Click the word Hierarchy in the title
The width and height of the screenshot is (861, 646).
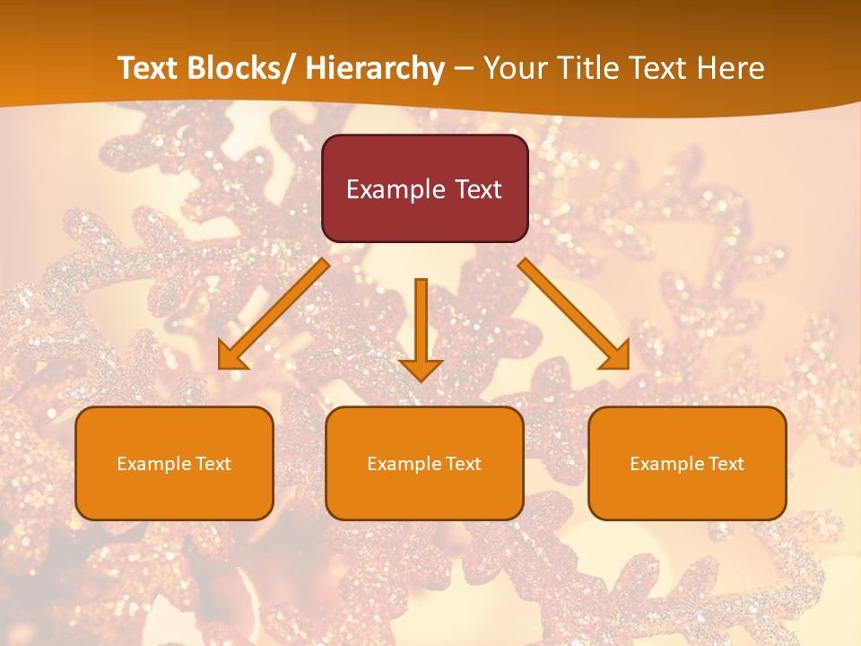[375, 69]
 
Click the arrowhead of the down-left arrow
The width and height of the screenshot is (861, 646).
[232, 357]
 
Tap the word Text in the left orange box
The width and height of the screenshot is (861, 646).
[213, 464]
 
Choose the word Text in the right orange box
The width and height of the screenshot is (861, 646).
[726, 464]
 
